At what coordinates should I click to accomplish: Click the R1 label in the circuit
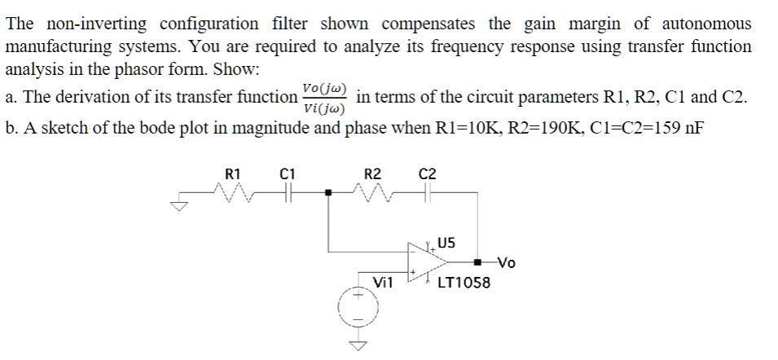[232, 173]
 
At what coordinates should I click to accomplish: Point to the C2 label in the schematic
[427, 173]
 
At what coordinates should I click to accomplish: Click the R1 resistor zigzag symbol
[232, 193]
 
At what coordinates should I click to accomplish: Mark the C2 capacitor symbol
[428, 193]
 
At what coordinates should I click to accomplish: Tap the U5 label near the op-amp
[446, 242]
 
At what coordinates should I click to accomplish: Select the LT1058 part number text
[464, 283]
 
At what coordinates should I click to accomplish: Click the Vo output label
[507, 262]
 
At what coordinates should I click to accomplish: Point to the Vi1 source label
[382, 283]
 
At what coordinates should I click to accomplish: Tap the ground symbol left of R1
[178, 205]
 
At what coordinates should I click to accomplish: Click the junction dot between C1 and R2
[329, 194]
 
